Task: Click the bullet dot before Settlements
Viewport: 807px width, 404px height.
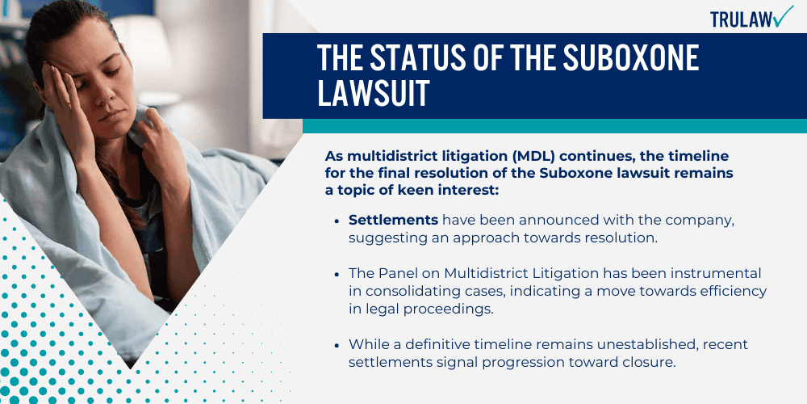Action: click(x=337, y=221)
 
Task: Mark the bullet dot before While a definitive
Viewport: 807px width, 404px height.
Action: click(x=337, y=345)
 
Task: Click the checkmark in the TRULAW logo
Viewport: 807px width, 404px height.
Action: click(x=782, y=16)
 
